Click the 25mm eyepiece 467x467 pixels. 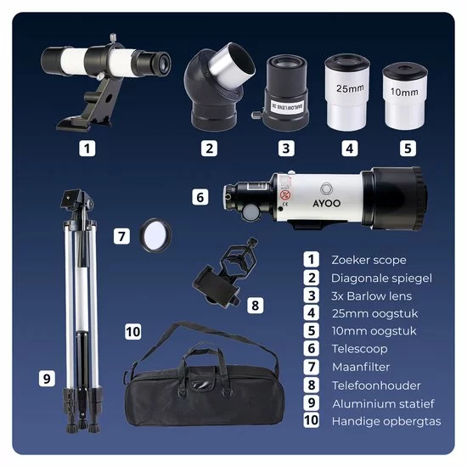pyautogui.click(x=347, y=93)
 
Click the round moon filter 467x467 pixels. pyautogui.click(x=155, y=236)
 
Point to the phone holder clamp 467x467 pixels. pyautogui.click(x=226, y=272)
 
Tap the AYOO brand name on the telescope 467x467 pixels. pyautogui.click(x=326, y=203)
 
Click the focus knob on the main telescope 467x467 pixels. pyautogui.click(x=250, y=212)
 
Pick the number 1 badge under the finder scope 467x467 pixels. pyautogui.click(x=87, y=149)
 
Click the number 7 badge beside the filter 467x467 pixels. pyautogui.click(x=121, y=237)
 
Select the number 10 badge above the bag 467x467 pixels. pyautogui.click(x=132, y=331)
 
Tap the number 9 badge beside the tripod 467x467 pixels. pyautogui.click(x=47, y=379)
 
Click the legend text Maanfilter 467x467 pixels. pyautogui.click(x=361, y=367)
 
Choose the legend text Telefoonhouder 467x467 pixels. pyautogui.click(x=376, y=385)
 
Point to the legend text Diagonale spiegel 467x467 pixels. pyautogui.click(x=381, y=279)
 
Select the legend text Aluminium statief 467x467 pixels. pyautogui.click(x=383, y=404)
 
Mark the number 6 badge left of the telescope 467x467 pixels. pyautogui.click(x=200, y=197)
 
